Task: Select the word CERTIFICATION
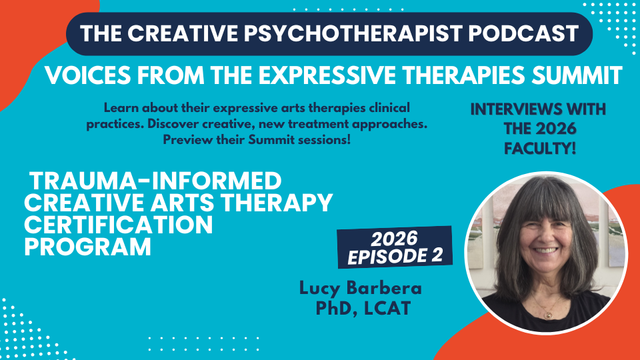pyautogui.click(x=119, y=225)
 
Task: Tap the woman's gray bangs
pyautogui.click(x=541, y=197)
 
